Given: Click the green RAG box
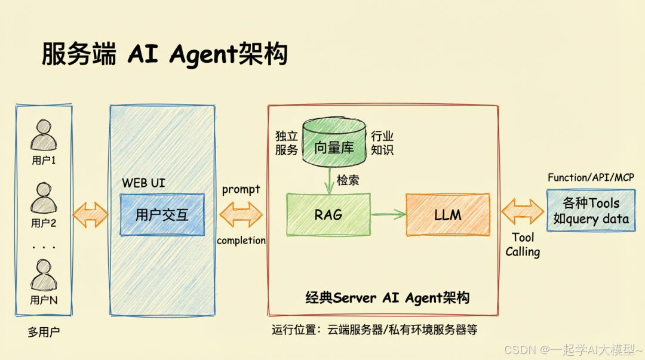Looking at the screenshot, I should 328,214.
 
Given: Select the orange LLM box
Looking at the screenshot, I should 447,214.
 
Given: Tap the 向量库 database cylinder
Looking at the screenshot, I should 334,144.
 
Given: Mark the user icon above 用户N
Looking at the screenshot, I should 44,274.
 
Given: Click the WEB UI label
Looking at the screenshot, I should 143,183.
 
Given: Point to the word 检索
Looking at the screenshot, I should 348,180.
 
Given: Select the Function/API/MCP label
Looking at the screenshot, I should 591,177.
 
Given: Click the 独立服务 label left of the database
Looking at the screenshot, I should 286,143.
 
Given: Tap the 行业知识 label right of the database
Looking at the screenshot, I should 382,143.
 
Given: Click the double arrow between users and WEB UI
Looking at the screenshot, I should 90,213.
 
